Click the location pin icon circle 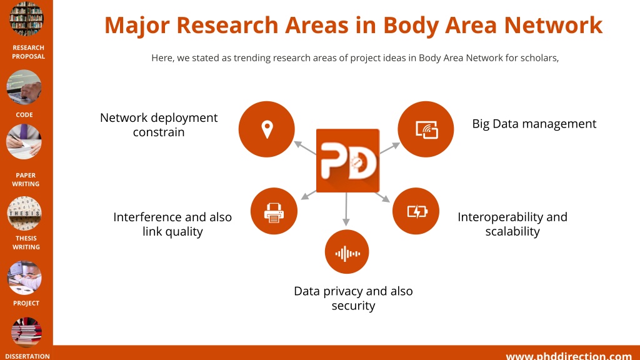point(266,129)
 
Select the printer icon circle point(274,211)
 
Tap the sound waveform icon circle point(347,252)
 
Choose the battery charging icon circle point(416,211)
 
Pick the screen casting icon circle point(426,129)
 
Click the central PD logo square point(347,161)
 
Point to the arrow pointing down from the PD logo point(346,209)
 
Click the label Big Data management point(534,124)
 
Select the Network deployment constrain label point(159,124)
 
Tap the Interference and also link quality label point(172,224)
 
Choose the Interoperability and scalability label point(512,224)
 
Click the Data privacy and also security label point(354,298)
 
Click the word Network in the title point(553,25)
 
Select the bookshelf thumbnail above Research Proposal point(26,18)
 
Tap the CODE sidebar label point(24,115)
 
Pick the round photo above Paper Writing point(24,142)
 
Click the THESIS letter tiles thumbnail point(24,213)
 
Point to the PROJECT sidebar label point(26,303)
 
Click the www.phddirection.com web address point(569,356)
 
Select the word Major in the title point(137,25)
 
